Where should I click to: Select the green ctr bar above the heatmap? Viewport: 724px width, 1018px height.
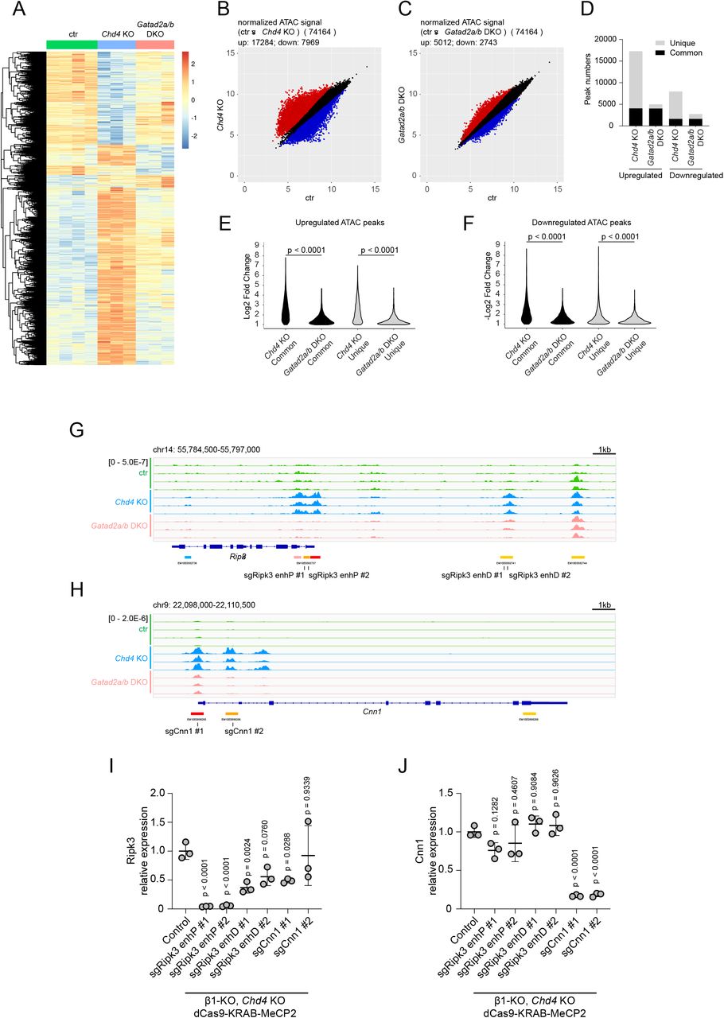72,45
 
